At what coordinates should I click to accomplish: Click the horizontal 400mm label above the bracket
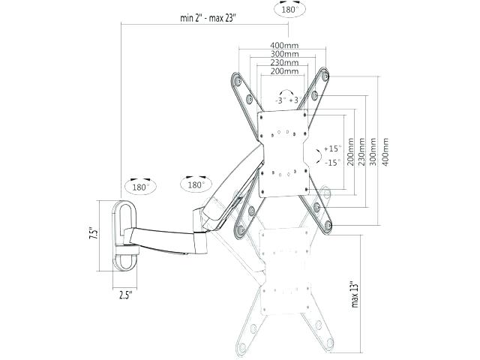[x=284, y=46]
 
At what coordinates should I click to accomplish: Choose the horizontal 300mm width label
[x=284, y=54]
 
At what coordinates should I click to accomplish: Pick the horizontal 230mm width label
[x=284, y=62]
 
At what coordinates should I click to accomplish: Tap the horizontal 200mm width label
[x=284, y=71]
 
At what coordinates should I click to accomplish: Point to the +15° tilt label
[x=332, y=148]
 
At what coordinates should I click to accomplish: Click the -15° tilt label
[x=332, y=161]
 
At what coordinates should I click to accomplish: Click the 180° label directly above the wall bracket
[x=140, y=188]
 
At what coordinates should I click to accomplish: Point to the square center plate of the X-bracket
[x=283, y=154]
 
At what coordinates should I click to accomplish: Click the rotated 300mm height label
[x=373, y=153]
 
